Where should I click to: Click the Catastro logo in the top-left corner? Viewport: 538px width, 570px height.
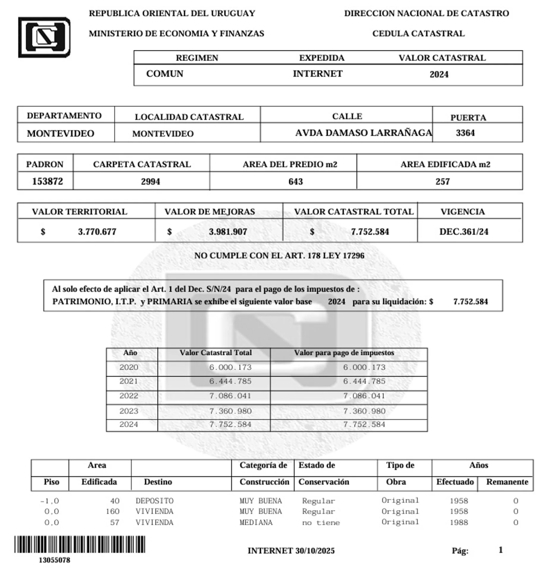click(x=44, y=37)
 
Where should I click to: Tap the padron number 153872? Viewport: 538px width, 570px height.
click(x=48, y=181)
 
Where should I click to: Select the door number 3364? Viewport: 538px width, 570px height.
click(x=465, y=133)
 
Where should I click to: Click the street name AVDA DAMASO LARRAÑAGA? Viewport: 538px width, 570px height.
click(x=363, y=133)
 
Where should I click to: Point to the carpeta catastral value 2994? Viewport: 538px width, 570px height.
click(x=150, y=181)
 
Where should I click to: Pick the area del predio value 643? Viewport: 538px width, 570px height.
click(x=295, y=181)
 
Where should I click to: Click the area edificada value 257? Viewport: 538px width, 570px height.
click(x=442, y=181)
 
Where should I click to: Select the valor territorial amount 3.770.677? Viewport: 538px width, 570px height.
click(x=97, y=232)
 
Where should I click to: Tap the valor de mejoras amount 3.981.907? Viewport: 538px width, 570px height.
click(x=228, y=232)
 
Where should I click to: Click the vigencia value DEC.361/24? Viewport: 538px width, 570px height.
click(x=464, y=232)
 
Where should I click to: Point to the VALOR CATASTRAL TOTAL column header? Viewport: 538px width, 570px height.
click(x=354, y=212)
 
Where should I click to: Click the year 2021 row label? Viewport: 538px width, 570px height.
click(x=129, y=381)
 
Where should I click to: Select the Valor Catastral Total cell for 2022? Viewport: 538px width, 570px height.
click(x=230, y=396)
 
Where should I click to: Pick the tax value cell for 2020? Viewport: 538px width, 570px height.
click(x=364, y=367)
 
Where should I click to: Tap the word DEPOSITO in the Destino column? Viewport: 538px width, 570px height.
click(x=154, y=501)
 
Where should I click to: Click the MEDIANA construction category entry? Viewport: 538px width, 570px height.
click(x=256, y=522)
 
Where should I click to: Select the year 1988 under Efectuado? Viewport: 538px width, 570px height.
click(x=459, y=522)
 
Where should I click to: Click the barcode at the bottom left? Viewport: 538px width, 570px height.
click(x=80, y=544)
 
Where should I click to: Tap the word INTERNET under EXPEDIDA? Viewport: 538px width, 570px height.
click(x=318, y=74)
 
